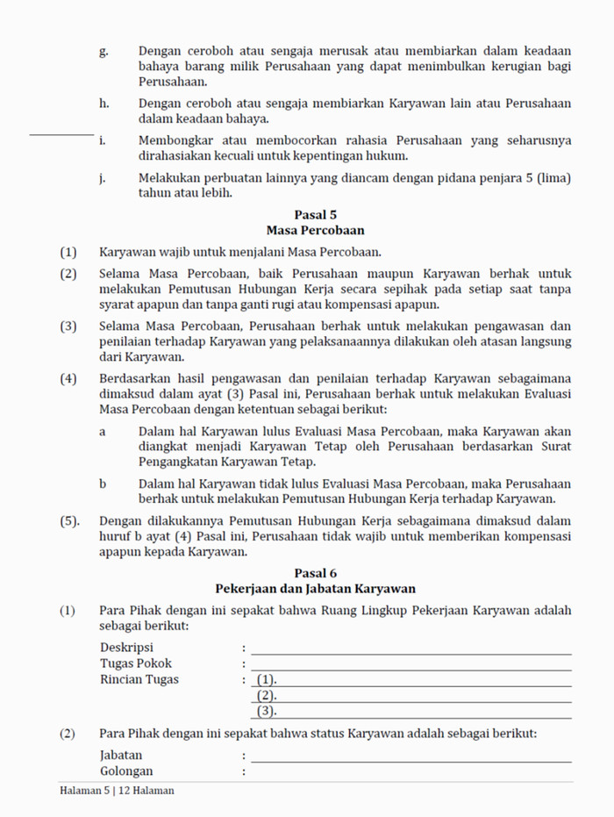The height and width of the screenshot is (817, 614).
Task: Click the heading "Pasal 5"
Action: click(x=316, y=214)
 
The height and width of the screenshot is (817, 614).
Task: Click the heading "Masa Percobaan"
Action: click(x=316, y=230)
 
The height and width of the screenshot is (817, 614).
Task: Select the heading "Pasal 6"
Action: click(x=316, y=573)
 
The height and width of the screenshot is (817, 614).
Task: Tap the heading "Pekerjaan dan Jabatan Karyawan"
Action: click(x=316, y=589)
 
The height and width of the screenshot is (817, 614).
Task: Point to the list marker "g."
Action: click(x=104, y=52)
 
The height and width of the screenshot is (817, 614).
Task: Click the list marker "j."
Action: click(x=104, y=178)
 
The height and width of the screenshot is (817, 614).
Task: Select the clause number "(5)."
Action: click(x=71, y=521)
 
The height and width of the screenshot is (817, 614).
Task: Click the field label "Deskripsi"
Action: click(x=126, y=648)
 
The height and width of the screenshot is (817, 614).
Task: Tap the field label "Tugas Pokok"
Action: click(x=136, y=663)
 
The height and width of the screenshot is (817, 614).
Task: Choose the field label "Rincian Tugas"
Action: click(x=139, y=679)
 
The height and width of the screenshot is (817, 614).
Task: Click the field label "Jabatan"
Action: click(x=121, y=755)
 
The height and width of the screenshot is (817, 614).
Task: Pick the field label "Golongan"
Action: click(x=126, y=771)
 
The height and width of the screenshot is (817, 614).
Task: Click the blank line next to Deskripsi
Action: click(x=411, y=653)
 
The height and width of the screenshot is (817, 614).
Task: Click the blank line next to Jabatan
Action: click(x=411, y=760)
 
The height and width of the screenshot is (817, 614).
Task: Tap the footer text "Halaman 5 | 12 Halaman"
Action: click(x=117, y=791)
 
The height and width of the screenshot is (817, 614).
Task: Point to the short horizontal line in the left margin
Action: click(x=61, y=134)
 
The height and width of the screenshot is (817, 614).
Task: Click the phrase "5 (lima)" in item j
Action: click(x=550, y=178)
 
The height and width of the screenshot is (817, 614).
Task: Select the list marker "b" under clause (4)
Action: click(x=103, y=484)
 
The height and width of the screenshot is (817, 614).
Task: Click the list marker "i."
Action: click(x=103, y=140)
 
